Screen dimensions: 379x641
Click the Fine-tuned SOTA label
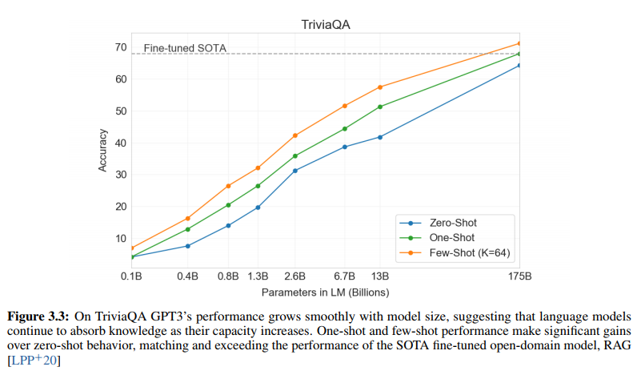(x=185, y=48)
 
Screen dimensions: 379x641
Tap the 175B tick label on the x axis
(x=519, y=276)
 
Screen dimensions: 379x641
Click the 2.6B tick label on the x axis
(x=295, y=276)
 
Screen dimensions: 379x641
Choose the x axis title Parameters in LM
(x=325, y=292)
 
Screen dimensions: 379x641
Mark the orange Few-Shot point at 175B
(x=519, y=43)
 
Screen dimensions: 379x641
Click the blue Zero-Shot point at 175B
(x=519, y=66)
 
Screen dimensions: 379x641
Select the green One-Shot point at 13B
(x=379, y=107)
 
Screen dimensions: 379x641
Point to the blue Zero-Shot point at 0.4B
(x=187, y=246)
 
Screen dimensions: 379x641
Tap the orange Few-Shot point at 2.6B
(x=295, y=135)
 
